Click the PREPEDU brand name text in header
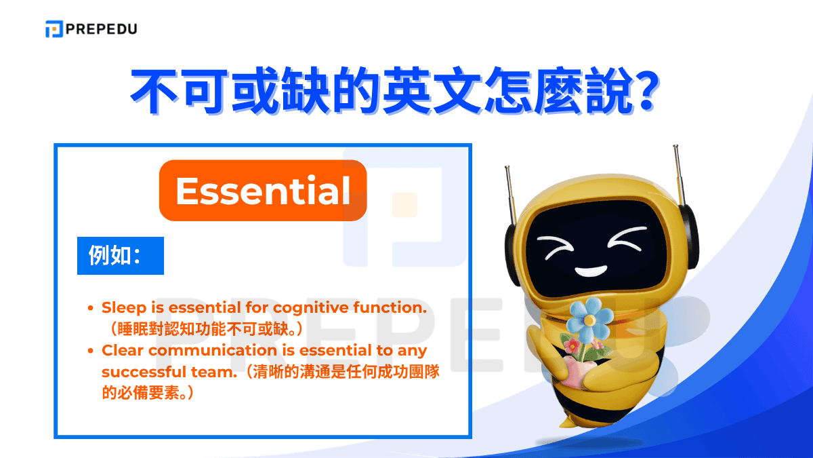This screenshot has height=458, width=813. pyautogui.click(x=101, y=28)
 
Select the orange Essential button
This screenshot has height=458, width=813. pyautogui.click(x=263, y=191)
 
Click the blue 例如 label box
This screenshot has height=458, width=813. pyautogui.click(x=121, y=255)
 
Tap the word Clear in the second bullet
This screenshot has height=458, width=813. pyautogui.click(x=123, y=350)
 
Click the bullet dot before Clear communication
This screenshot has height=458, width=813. pyautogui.click(x=91, y=351)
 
